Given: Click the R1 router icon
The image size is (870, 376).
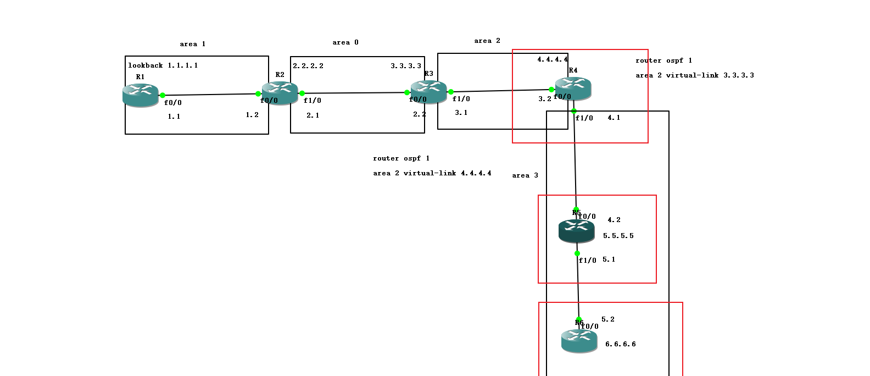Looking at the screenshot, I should tap(141, 95).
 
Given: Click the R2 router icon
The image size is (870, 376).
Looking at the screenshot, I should tap(280, 92).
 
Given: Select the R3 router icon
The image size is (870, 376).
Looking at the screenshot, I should tap(428, 91).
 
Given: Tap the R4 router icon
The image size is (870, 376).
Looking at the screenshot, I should tap(573, 88).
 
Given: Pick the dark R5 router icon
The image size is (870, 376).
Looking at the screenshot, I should tap(576, 230).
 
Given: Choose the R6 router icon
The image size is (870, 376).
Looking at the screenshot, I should tap(579, 340).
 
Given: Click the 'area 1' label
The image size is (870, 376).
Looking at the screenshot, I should tap(192, 44).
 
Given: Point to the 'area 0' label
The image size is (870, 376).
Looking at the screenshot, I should tap(345, 42).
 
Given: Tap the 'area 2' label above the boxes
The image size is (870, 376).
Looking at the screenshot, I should tap(487, 41).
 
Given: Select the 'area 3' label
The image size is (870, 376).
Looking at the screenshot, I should tap(525, 175).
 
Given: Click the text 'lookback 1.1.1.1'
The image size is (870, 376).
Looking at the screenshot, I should tap(163, 65).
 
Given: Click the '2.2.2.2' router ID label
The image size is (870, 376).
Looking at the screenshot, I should tap(308, 66).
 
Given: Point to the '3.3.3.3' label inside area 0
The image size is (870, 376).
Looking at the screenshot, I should tap(405, 66).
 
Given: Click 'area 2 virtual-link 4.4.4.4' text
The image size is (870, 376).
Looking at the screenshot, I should tap(432, 173).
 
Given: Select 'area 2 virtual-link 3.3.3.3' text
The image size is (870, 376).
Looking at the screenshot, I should tap(694, 75).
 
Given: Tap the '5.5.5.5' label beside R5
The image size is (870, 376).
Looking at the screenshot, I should tap(618, 236).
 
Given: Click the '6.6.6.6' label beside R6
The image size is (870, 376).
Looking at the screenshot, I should tap(620, 344).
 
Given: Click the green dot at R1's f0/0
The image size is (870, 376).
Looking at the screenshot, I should tap(163, 95).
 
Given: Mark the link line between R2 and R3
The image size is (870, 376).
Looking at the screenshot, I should tap(354, 93).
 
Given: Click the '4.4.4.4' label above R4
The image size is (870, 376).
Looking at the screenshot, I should tap(552, 59).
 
